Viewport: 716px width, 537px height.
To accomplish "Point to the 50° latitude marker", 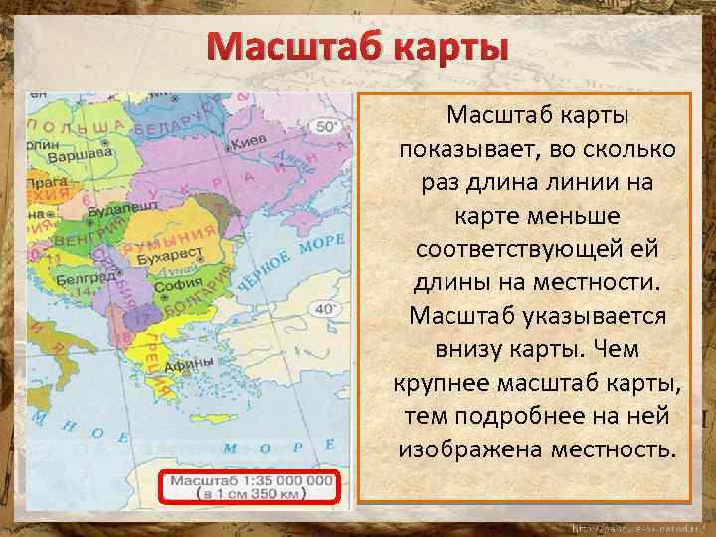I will click(329, 127).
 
